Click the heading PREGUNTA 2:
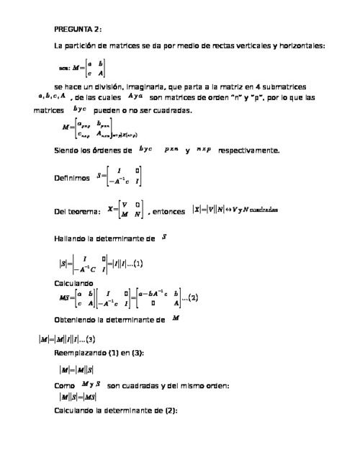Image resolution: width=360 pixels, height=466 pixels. (x=78, y=30)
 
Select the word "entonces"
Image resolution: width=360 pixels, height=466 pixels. (x=171, y=211)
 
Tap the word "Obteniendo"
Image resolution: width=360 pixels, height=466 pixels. (x=78, y=319)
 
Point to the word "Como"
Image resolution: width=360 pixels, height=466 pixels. (x=65, y=386)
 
